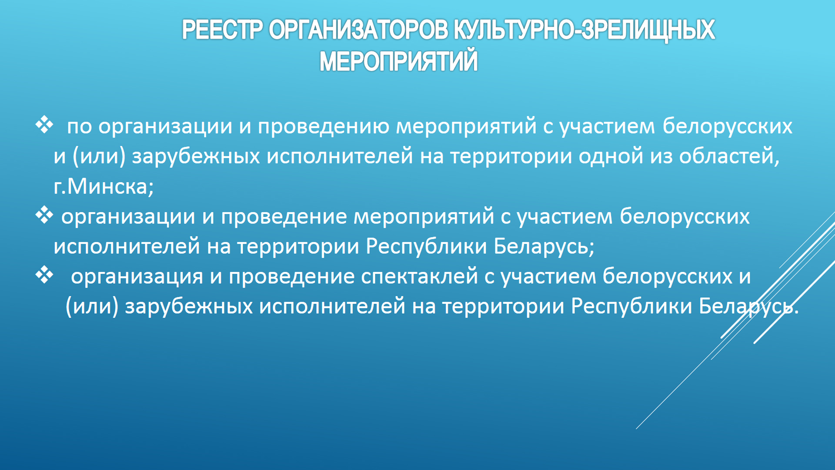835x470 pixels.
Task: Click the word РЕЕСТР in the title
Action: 222,30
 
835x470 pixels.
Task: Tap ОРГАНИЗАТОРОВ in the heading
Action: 358,30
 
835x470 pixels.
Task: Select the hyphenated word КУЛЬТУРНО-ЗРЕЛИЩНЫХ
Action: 584,30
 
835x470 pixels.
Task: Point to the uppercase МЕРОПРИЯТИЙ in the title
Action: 398,61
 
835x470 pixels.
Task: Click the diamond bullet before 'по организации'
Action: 44,125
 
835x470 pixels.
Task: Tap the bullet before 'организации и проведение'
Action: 44,215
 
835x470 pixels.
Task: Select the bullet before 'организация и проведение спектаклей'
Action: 44,275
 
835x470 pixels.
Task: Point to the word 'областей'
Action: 729,156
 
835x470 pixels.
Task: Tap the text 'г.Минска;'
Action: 104,187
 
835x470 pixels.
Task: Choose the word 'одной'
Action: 611,156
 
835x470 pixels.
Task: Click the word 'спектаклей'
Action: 420,277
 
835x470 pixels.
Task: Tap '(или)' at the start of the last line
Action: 92,306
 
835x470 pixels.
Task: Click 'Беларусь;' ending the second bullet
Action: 544,246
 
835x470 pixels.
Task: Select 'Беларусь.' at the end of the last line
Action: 749,306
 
